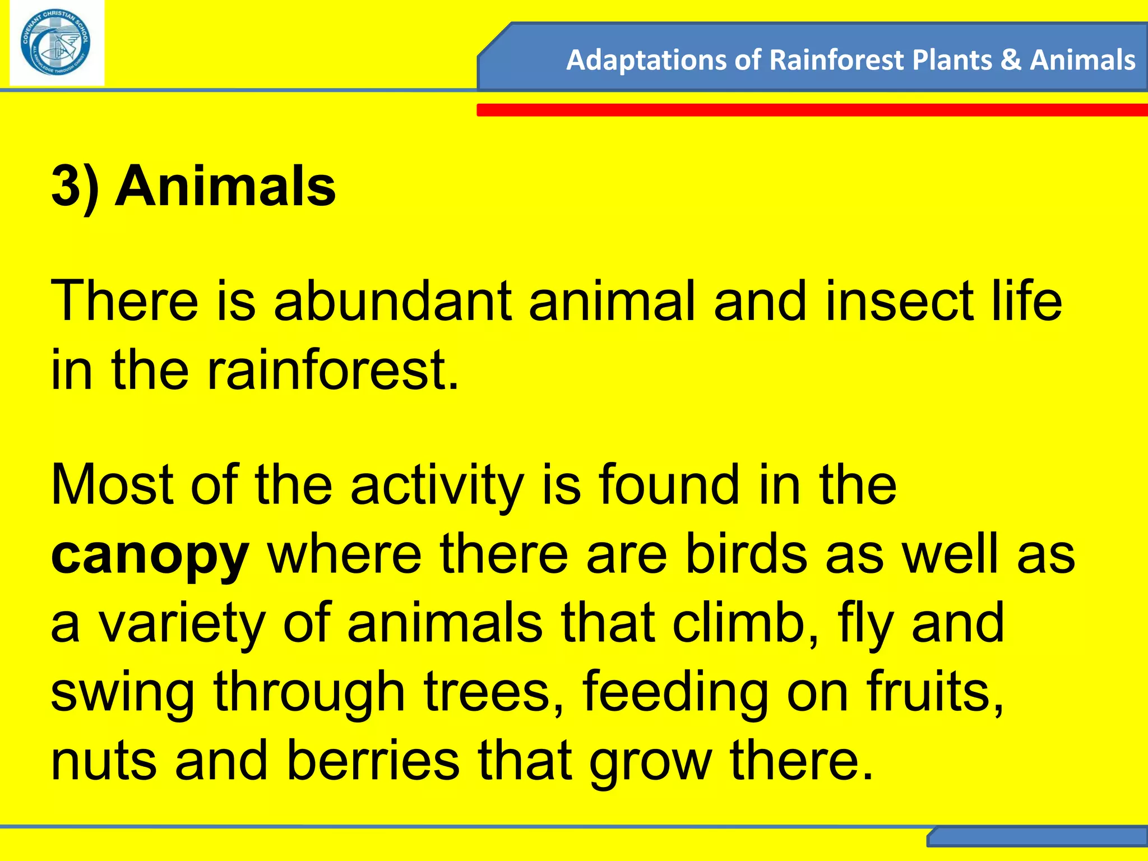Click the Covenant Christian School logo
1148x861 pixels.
click(56, 43)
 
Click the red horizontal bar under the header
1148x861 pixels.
click(812, 110)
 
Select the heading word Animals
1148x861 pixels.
click(225, 186)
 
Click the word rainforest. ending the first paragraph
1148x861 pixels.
click(333, 370)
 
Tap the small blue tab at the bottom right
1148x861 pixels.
click(1037, 837)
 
